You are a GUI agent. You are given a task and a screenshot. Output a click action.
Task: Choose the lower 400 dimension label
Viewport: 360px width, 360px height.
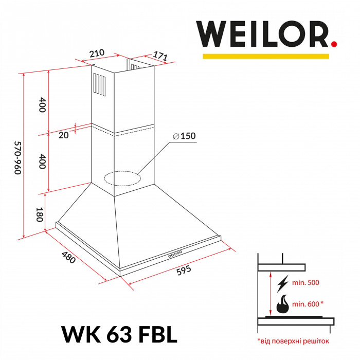tap(43, 163)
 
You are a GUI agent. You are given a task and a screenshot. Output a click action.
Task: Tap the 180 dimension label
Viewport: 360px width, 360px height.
tap(39, 213)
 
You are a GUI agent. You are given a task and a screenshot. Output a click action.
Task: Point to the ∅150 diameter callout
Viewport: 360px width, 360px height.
tap(185, 136)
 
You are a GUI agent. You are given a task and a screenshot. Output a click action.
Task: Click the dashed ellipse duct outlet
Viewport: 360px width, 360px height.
tap(122, 178)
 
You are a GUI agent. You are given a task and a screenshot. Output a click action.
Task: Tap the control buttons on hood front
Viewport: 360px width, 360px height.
tap(175, 254)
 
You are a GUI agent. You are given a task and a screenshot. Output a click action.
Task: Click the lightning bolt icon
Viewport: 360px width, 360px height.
tap(282, 283)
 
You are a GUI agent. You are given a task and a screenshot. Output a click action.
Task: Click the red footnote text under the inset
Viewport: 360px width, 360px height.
tap(293, 340)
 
